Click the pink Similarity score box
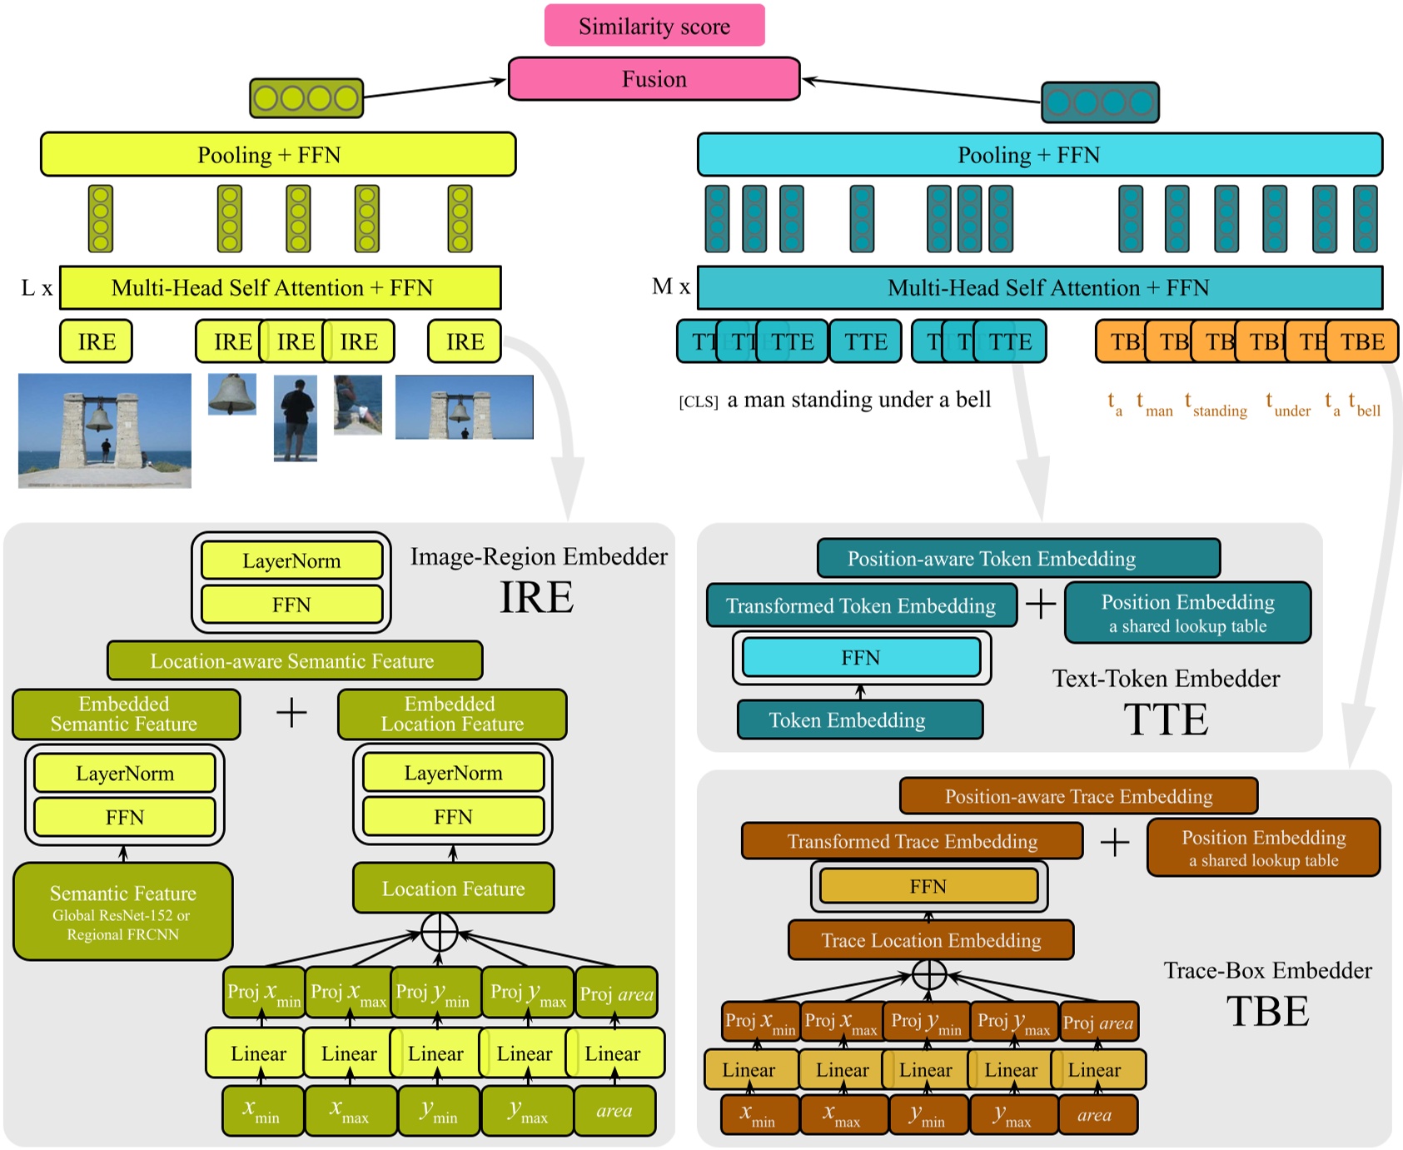(654, 26)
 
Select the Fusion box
(654, 79)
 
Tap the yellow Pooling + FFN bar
(277, 155)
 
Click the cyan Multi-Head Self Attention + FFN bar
(1039, 288)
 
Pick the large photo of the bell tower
(105, 430)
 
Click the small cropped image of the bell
(231, 394)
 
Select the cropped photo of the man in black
(295, 418)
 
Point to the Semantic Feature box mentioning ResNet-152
(122, 912)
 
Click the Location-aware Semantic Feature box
(294, 661)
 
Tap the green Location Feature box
(453, 889)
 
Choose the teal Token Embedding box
(859, 720)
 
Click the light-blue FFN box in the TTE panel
(861, 658)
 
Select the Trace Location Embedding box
(930, 940)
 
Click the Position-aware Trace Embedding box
(1077, 796)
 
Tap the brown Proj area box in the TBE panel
(1097, 1023)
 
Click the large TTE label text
(1165, 720)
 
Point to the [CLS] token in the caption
(698, 402)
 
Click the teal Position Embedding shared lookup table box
(1187, 613)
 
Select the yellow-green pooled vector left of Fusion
(306, 98)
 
